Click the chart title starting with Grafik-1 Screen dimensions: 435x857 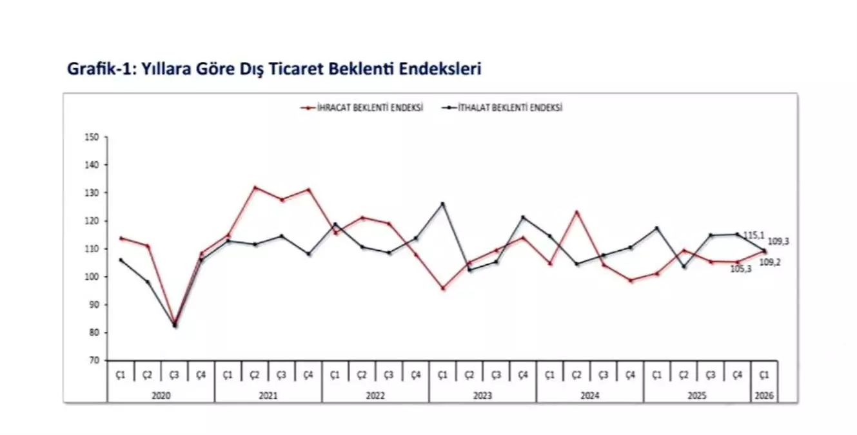[x=275, y=69]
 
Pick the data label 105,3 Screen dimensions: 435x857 [x=741, y=268]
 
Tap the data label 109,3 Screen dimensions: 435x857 [x=779, y=241]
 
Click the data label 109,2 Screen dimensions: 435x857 [x=779, y=262]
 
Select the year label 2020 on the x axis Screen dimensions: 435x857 [x=161, y=396]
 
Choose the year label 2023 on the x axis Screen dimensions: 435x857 [x=482, y=396]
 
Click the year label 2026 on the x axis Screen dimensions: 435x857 [x=764, y=396]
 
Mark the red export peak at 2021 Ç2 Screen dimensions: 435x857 [x=255, y=188]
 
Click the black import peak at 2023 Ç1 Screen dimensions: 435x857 [x=442, y=204]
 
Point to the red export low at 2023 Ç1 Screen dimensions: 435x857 [x=442, y=288]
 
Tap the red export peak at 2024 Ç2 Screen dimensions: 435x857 [x=576, y=212]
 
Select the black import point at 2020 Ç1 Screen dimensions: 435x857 [x=121, y=260]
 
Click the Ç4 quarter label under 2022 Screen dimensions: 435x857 [x=415, y=374]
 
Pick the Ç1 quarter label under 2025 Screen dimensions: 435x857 [x=656, y=374]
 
